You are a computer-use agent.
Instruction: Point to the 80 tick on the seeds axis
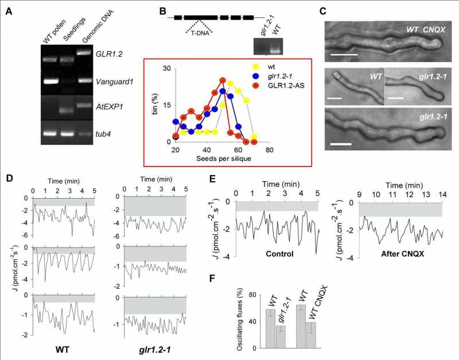(x=269, y=149)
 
